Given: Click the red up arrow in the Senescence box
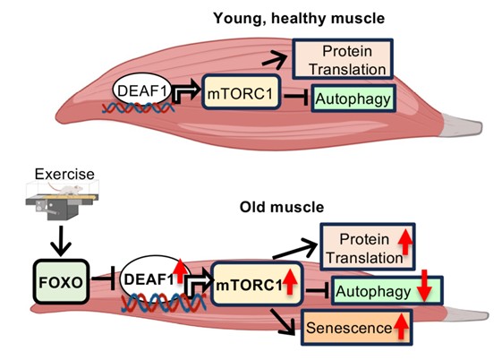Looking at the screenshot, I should coord(402,329).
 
